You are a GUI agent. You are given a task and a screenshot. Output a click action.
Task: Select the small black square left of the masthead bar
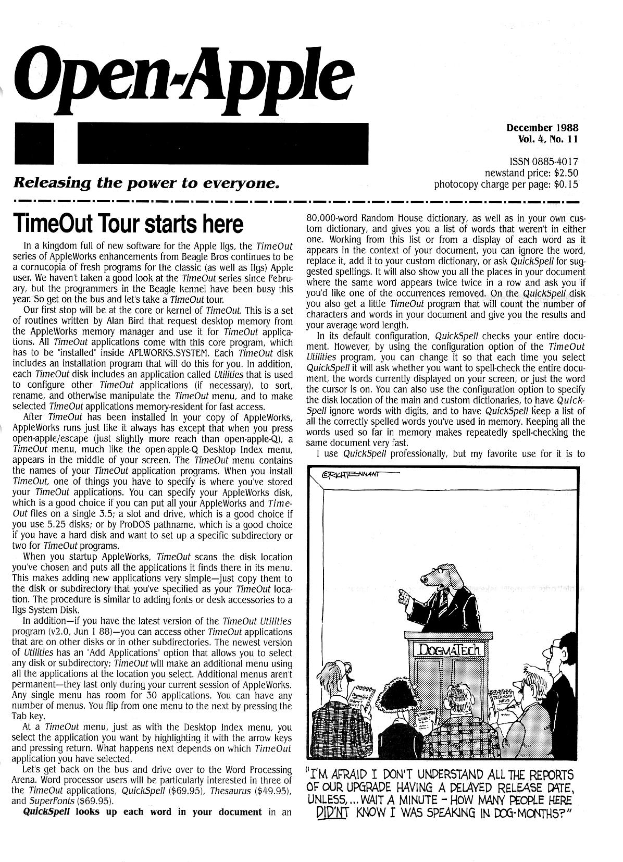point(34,143)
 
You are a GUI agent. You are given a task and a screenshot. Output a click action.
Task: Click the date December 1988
point(542,128)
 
